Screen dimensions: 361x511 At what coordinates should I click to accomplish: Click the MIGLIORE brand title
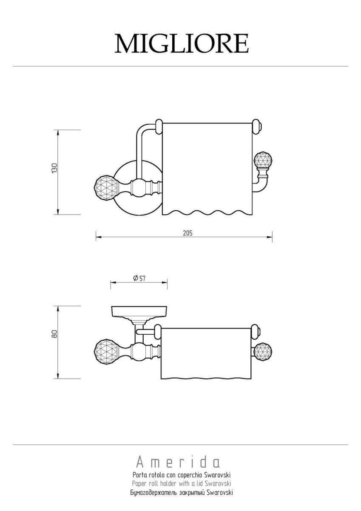pos(182,43)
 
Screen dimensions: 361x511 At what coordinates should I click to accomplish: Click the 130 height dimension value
pos(55,168)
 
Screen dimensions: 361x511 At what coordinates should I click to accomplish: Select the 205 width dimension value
pos(188,233)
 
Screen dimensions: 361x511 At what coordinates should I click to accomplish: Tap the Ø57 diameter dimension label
pos(139,278)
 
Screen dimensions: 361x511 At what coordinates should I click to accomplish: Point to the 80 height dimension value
pos(55,334)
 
